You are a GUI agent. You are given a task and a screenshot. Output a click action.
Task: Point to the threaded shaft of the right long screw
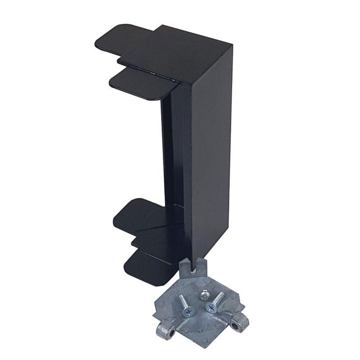218,298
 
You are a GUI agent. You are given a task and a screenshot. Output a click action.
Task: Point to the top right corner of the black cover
232,44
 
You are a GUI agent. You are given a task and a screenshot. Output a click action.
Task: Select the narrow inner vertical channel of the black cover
167,148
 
